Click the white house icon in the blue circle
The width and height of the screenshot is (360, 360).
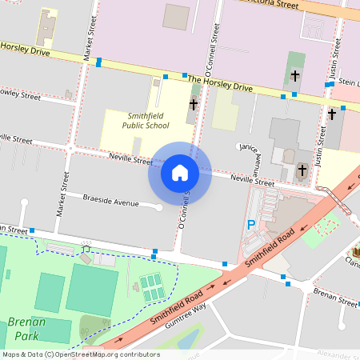click(x=179, y=173)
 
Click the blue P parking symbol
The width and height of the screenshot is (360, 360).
click(x=251, y=226)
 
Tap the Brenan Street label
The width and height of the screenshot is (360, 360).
click(x=334, y=297)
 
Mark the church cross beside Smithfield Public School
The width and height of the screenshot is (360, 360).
click(x=193, y=104)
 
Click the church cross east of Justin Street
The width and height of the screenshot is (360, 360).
click(x=332, y=114)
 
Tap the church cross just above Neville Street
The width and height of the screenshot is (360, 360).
click(x=302, y=170)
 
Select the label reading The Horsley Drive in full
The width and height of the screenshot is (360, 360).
click(x=220, y=82)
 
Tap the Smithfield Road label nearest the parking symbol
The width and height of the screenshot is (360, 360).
click(x=270, y=248)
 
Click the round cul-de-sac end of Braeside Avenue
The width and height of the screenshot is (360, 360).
click(x=159, y=207)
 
